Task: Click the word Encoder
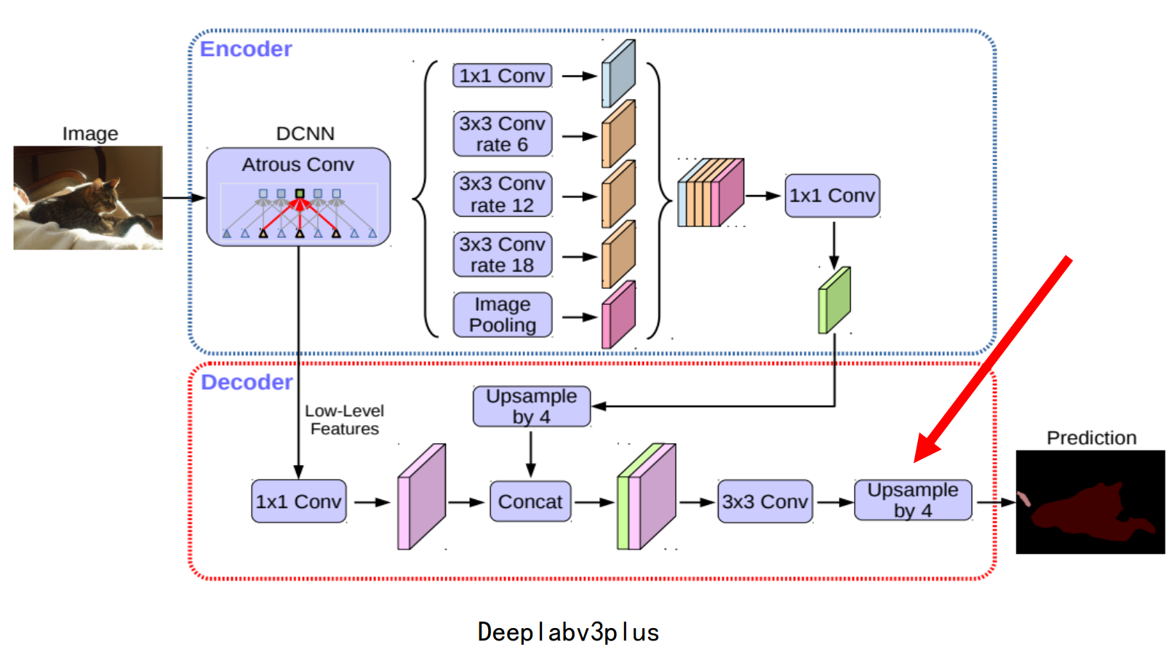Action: click(246, 49)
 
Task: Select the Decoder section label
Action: click(247, 382)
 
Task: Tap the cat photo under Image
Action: click(88, 198)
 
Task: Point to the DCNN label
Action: click(306, 134)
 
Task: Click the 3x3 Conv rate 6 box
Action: click(502, 134)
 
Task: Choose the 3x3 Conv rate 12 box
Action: click(502, 194)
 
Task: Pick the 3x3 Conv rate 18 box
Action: click(502, 255)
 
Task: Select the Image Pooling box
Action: click(502, 314)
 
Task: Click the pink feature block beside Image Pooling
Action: click(618, 314)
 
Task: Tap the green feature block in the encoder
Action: click(834, 301)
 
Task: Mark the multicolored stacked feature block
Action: click(711, 193)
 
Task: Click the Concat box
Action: click(530, 501)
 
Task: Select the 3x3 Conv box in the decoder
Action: click(764, 501)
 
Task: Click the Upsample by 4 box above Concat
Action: click(531, 406)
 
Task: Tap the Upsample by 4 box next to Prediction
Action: click(913, 500)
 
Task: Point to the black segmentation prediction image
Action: click(1090, 502)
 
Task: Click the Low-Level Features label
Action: click(345, 420)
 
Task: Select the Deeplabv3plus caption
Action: click(568, 632)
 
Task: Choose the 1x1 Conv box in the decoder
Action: click(298, 501)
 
